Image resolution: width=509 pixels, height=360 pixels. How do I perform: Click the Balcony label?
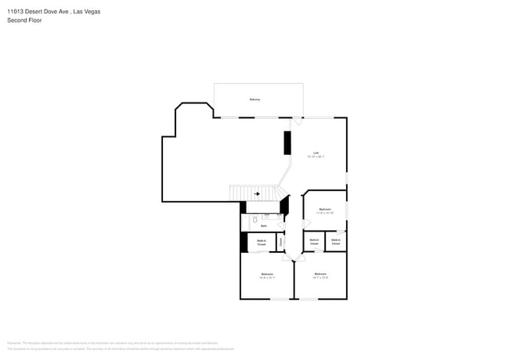tap(254, 99)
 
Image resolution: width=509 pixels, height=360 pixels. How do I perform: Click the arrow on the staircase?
tap(256, 193)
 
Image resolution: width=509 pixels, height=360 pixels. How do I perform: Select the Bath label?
tap(263, 225)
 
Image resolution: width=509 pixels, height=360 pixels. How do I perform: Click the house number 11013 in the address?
tap(17, 12)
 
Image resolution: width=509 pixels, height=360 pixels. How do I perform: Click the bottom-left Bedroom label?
tap(266, 275)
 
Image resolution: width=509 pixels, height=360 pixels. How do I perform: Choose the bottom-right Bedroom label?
tap(319, 275)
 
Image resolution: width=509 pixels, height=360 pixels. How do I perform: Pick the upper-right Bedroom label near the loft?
tap(325, 211)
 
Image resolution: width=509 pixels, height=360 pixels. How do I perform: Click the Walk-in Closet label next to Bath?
tap(262, 243)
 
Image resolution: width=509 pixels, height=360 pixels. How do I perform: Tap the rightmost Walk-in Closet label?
tap(336, 243)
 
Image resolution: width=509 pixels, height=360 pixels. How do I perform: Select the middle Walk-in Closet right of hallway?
tap(314, 243)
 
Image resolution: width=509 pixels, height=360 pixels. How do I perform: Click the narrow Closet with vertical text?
tap(281, 243)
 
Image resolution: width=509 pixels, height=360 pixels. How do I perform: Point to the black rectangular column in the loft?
tap(287, 143)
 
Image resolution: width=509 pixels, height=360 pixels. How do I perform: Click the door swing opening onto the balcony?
tap(295, 121)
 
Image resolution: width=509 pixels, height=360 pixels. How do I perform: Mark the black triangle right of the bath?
tap(284, 206)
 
